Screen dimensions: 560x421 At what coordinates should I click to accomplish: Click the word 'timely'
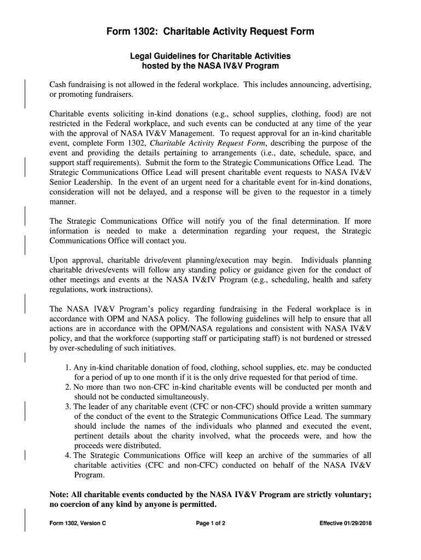359,192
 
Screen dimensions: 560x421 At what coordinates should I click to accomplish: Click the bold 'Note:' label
60,494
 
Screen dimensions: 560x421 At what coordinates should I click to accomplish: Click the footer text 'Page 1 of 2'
210,523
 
